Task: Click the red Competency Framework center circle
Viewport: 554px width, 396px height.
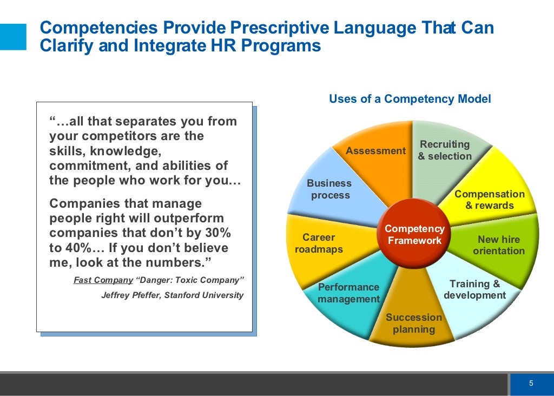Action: (414, 234)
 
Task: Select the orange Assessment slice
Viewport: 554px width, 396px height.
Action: (379, 162)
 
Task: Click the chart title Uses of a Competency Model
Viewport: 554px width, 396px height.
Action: (410, 99)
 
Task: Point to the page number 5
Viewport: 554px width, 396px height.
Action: (531, 384)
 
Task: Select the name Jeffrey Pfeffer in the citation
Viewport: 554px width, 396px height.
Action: (130, 295)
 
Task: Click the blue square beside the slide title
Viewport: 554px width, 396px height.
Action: (13, 37)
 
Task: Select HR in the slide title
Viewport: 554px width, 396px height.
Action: (217, 46)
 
